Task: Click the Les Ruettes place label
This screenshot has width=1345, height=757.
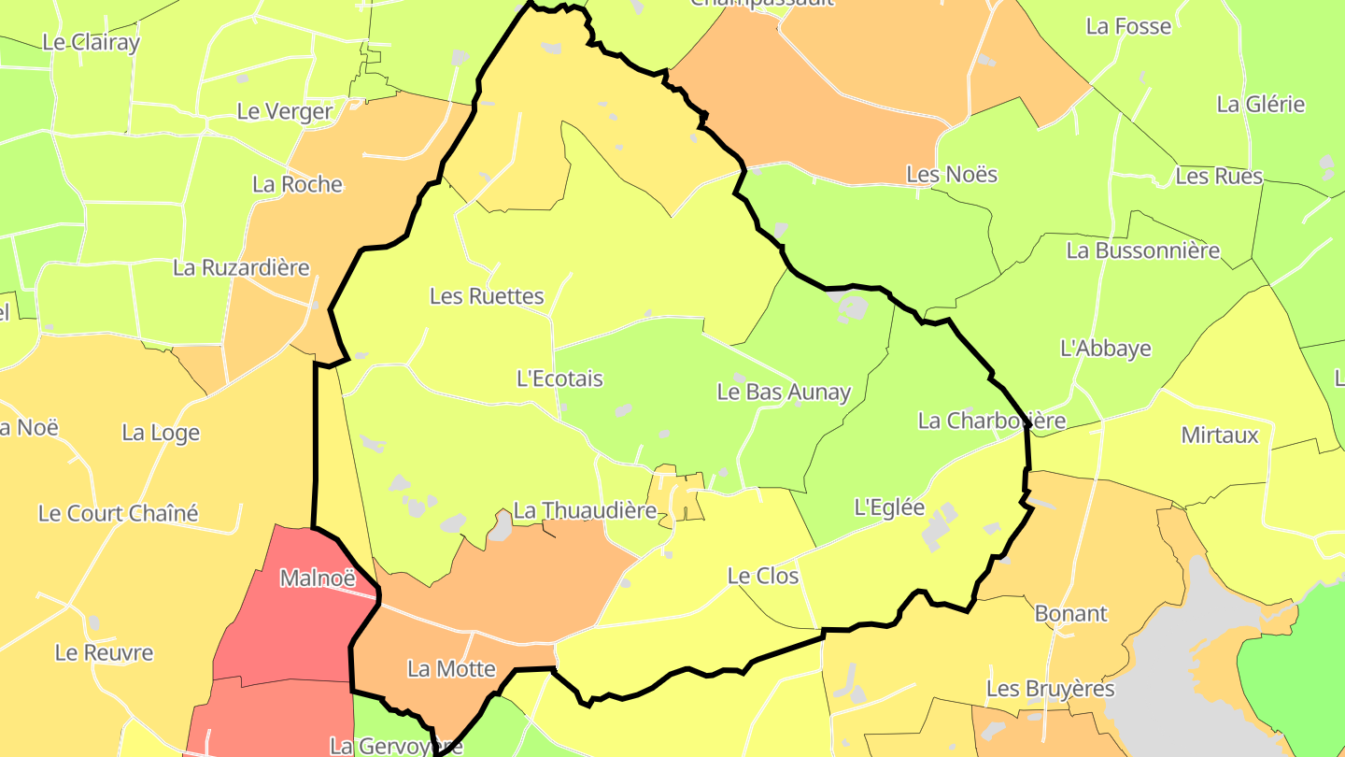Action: tap(487, 296)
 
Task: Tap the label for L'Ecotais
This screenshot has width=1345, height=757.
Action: tap(559, 378)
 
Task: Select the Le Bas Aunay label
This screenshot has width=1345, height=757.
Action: tap(784, 392)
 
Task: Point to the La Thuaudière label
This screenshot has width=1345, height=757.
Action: tap(586, 511)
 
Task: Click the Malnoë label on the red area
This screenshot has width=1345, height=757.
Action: tap(319, 578)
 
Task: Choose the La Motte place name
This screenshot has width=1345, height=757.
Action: tap(451, 669)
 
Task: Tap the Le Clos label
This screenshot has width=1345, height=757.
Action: tap(763, 576)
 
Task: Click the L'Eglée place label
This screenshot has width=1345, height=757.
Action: tap(889, 507)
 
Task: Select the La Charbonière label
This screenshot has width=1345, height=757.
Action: tap(992, 421)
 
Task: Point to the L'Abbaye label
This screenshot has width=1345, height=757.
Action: tap(1106, 349)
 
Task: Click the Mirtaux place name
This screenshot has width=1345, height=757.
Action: tap(1220, 435)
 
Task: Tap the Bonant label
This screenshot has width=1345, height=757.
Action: tap(1070, 614)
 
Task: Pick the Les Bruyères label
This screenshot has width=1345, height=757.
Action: tap(1051, 689)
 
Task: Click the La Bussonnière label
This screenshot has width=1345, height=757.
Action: tap(1143, 250)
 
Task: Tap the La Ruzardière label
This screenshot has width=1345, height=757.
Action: tap(241, 267)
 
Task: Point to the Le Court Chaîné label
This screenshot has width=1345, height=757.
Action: tap(119, 513)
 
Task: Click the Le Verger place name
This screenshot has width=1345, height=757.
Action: tap(285, 111)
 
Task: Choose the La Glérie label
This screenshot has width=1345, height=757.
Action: tap(1261, 105)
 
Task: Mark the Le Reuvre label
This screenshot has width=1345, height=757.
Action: tap(104, 652)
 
